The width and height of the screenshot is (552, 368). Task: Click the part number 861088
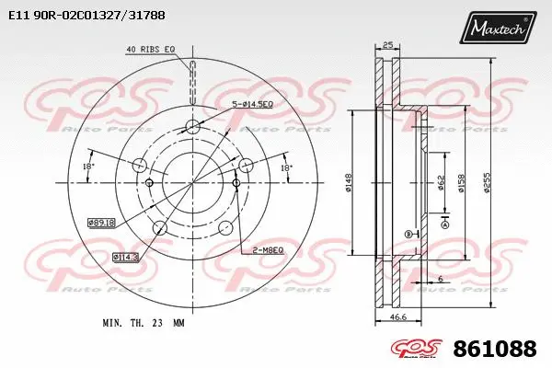click(495, 349)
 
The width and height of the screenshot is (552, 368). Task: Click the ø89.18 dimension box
click(101, 222)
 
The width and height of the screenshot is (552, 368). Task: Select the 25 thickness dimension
click(387, 45)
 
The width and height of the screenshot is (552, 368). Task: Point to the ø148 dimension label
click(350, 184)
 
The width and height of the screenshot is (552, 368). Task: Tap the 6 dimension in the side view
click(442, 279)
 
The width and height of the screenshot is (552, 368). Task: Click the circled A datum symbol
click(445, 224)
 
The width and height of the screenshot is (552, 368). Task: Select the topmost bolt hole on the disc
click(191, 127)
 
